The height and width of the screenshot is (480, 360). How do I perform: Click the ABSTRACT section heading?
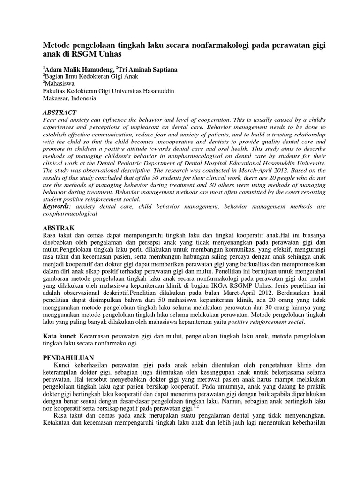(x=60, y=112)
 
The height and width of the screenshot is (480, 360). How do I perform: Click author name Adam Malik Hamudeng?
(x=78, y=69)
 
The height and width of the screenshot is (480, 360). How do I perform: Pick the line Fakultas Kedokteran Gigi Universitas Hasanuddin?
(x=108, y=91)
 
